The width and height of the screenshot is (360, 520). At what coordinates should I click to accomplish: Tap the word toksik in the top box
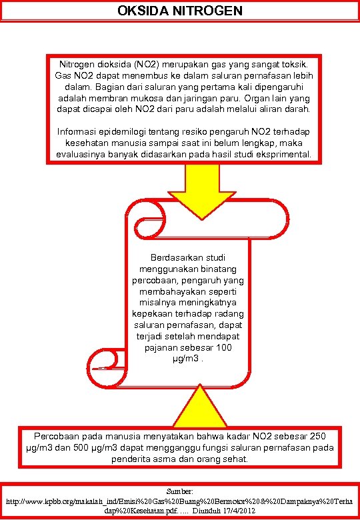[x=294, y=65]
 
